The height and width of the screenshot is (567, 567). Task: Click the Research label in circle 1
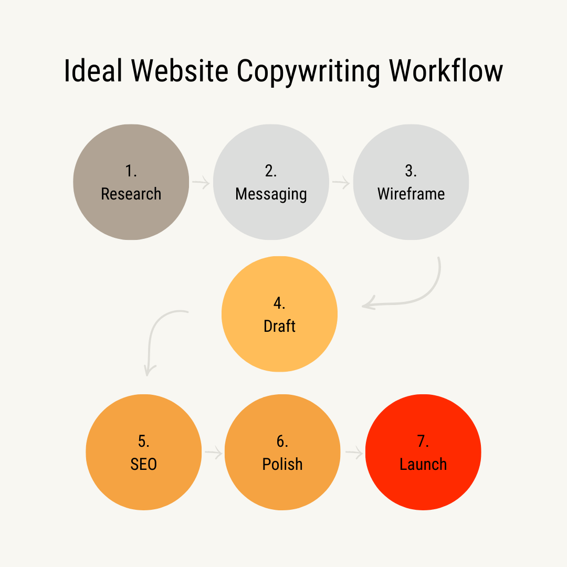131,194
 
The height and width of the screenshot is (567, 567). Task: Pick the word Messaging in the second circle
271,194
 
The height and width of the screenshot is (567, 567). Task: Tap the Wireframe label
411,194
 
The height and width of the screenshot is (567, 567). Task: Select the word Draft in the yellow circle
279,326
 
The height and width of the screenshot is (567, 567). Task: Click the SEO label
143,464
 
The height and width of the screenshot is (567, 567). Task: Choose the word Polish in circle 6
282,464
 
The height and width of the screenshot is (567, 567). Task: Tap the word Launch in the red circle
423,464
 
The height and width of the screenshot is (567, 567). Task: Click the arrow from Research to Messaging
201,183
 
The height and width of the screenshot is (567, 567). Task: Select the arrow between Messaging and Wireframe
341,183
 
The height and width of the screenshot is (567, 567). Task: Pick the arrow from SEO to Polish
213,452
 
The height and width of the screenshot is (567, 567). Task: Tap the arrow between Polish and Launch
354,452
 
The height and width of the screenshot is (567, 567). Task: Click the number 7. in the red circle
423,441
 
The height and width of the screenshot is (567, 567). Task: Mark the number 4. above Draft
279,303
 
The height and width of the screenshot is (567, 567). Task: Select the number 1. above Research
131,171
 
